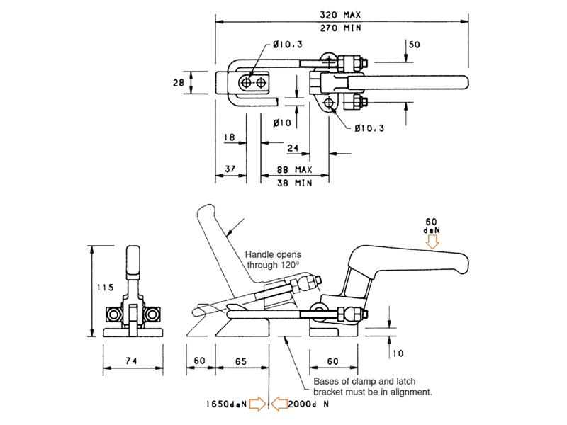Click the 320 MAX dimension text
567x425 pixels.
[x=340, y=15]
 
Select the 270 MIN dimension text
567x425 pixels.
[x=340, y=28]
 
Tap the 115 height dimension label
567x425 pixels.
[x=105, y=288]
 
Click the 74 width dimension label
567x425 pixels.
[x=131, y=361]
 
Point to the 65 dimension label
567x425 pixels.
[x=241, y=361]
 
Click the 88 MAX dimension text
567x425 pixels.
[x=294, y=169]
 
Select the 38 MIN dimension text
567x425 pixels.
[x=294, y=183]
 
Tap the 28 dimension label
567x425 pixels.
[x=179, y=83]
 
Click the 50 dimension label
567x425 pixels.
[x=414, y=45]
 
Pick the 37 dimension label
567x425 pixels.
[x=230, y=169]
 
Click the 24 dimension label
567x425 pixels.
[x=293, y=148]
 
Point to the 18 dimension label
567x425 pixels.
[x=229, y=137]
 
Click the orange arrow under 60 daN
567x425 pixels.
[x=432, y=242]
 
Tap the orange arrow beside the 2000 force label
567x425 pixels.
[x=279, y=403]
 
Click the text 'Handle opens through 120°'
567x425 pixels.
[x=273, y=260]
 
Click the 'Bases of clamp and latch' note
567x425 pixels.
[x=364, y=381]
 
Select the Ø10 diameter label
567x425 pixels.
[x=282, y=123]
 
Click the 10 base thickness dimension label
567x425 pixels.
[x=398, y=353]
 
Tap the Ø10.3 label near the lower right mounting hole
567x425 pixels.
[x=369, y=128]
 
